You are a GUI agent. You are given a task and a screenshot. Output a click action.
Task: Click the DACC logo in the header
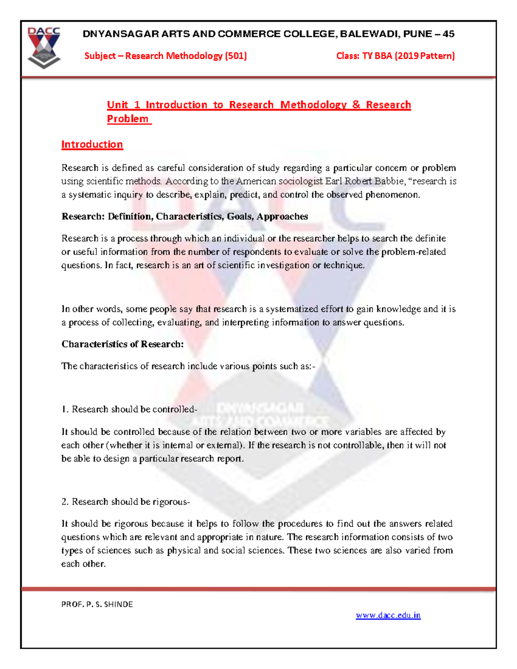[44, 47]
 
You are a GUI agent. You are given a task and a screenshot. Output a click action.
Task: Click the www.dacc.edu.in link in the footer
[388, 615]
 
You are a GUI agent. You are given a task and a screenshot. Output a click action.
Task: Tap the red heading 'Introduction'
[92, 144]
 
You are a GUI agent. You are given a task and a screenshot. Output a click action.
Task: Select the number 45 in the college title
[448, 34]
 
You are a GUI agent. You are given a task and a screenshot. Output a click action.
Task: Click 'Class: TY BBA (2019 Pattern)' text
[395, 56]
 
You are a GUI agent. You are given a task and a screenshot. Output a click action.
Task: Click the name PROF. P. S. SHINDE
[97, 604]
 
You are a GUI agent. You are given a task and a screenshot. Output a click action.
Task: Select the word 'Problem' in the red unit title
[128, 119]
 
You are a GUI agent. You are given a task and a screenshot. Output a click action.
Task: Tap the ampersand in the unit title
[356, 105]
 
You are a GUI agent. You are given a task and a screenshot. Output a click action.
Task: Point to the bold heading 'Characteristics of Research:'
[122, 344]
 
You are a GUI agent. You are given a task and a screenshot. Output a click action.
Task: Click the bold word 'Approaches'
[282, 216]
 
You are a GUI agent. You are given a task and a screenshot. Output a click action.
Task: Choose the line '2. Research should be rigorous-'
[125, 501]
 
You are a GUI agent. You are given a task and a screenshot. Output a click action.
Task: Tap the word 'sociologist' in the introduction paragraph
[301, 181]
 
